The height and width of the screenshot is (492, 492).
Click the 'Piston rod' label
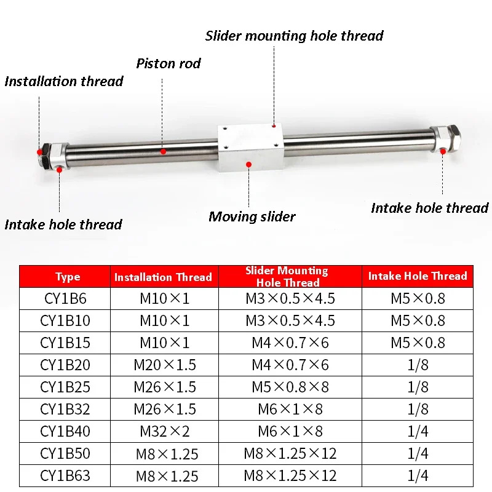coord(169,64)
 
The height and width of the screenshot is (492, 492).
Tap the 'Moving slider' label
coord(252,217)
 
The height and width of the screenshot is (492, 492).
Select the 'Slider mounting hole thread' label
coord(295,36)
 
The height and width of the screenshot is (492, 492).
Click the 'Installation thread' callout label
coord(64,82)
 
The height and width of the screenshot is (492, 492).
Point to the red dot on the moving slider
coord(249,164)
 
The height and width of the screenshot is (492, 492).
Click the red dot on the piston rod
coord(163,151)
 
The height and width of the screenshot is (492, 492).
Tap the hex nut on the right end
coord(453,137)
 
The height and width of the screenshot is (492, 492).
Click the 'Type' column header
coord(68,277)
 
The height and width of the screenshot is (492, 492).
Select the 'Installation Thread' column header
coord(163,277)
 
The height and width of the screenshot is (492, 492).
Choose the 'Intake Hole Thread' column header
coord(418,276)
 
